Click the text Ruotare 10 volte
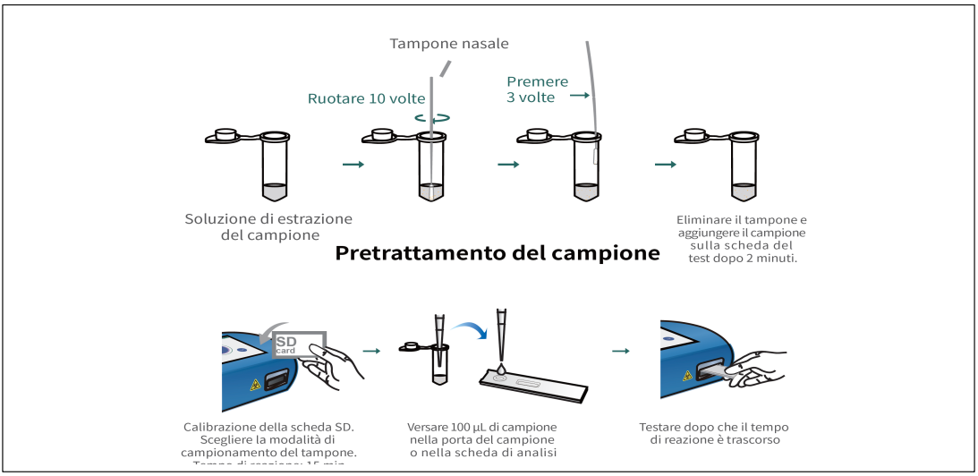tap(367, 98)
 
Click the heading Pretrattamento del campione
tap(497, 253)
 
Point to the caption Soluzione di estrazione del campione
tap(268, 226)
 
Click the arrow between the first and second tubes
tap(354, 165)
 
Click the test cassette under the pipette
tap(532, 386)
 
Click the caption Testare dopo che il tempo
tap(713, 428)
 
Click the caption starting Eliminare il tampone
tap(741, 239)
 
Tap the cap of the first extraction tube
tap(225, 136)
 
